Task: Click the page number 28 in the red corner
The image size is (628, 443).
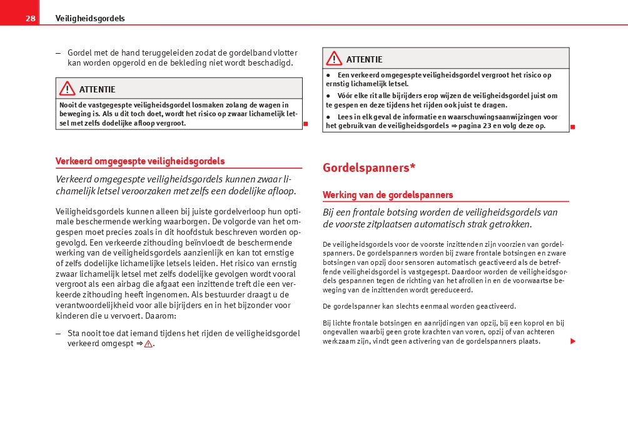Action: (x=30, y=18)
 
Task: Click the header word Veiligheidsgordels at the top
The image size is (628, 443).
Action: (x=90, y=18)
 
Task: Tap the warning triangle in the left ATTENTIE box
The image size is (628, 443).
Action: (x=67, y=89)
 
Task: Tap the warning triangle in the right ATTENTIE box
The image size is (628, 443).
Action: (x=333, y=59)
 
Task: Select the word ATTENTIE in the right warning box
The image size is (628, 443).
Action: (x=364, y=59)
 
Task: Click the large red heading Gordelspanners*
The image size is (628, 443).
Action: (x=369, y=167)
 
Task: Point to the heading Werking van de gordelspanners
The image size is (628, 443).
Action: (x=388, y=195)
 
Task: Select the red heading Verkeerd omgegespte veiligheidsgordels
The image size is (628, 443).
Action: (x=140, y=161)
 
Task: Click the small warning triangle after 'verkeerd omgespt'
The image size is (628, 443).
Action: (x=148, y=344)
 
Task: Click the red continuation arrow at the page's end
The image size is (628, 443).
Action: (x=572, y=342)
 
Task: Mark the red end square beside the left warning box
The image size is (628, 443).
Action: (x=306, y=124)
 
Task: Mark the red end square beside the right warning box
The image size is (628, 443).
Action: (x=572, y=127)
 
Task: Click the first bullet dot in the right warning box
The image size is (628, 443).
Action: (x=328, y=75)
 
